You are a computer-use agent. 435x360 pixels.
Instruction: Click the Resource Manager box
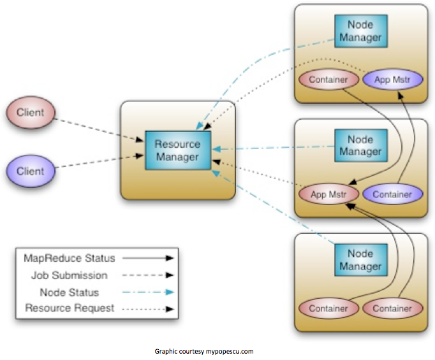pos(178,150)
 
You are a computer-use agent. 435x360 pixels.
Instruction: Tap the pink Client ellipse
pos(31,112)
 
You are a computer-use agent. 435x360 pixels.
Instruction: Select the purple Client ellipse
pos(31,171)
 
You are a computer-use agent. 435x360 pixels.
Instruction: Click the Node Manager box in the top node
pos(360,31)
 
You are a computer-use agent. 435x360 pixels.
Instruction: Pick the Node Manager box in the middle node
pos(360,145)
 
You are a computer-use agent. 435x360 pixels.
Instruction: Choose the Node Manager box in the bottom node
pos(360,260)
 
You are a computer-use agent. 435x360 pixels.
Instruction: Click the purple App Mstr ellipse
pos(393,80)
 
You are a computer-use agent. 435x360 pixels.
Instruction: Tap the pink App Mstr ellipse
pos(328,194)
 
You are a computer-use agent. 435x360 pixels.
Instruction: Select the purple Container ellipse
pos(393,194)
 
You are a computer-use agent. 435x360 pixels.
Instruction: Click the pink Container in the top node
pos(328,80)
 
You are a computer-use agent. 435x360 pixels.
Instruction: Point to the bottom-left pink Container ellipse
pos(328,308)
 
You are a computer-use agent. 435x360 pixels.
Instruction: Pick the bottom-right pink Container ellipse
pos(393,308)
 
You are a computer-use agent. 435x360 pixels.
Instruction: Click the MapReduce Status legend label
pos(70,258)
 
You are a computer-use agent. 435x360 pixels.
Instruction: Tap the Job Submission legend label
pos(70,275)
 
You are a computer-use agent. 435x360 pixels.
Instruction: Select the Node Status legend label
pos(70,292)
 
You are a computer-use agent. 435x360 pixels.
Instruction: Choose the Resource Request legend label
pos(70,308)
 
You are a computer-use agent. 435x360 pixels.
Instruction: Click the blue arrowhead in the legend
pos(170,292)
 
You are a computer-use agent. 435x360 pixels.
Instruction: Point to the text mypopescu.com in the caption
pos(230,352)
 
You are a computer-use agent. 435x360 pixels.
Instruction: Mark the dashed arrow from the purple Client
pos(100,161)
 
